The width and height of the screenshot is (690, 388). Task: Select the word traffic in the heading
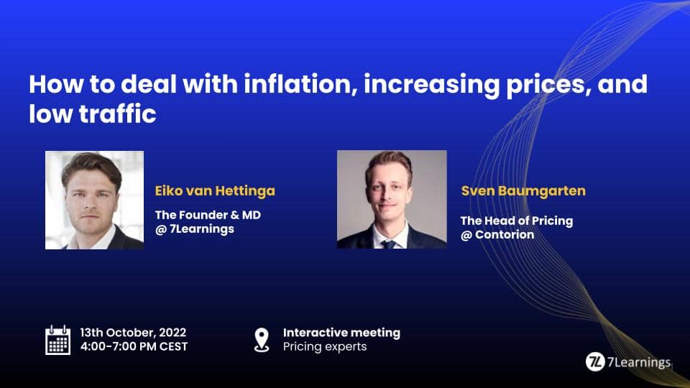point(117,114)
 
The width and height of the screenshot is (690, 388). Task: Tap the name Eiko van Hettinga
point(215,191)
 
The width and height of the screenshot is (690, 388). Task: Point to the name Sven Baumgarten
point(523,191)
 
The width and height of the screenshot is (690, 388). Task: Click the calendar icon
point(57,340)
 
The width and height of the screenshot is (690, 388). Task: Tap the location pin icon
point(262,340)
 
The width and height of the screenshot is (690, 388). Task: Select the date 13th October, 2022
point(133,333)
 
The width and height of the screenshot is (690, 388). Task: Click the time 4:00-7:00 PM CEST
point(134,346)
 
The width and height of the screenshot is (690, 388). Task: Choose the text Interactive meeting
point(341,333)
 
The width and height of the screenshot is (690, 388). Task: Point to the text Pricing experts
point(325,346)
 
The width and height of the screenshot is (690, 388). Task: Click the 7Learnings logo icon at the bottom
point(595,362)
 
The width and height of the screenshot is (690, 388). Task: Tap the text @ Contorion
point(497,235)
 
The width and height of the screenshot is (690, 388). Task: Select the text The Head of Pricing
point(517,221)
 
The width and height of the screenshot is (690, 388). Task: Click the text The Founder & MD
point(208,215)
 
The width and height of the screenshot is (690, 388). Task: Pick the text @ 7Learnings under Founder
point(195,229)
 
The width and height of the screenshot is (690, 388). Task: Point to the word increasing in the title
point(431,85)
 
